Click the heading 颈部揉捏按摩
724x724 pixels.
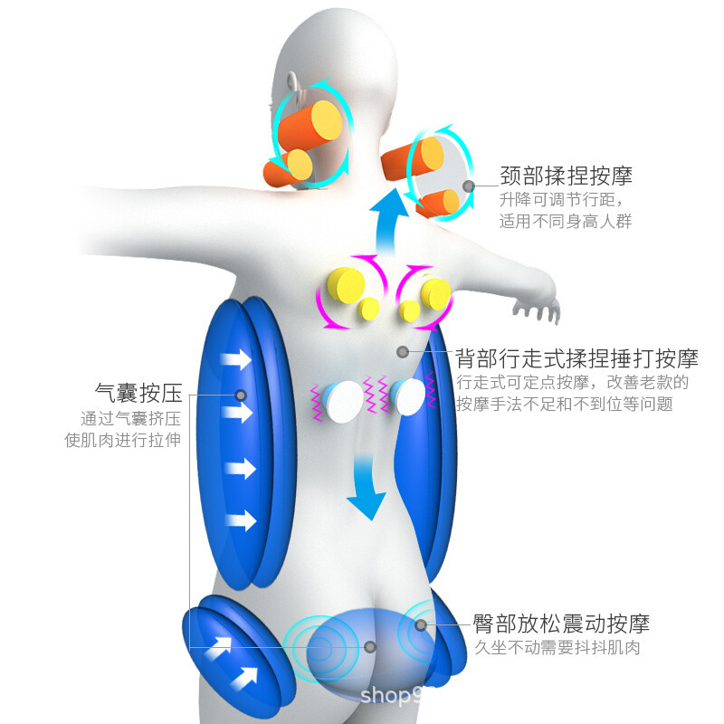click(566, 176)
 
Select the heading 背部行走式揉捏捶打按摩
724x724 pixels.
click(576, 357)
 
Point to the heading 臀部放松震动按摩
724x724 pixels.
click(561, 624)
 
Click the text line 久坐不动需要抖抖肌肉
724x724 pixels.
click(557, 648)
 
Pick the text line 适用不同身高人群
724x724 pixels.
click(566, 220)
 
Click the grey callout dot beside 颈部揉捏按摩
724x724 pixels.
click(468, 186)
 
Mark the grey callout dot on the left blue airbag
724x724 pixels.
click(241, 395)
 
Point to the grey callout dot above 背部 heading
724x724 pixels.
click(403, 351)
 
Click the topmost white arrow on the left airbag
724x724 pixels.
click(237, 359)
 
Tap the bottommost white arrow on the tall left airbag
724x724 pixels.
click(240, 520)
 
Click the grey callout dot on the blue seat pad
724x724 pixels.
click(370, 646)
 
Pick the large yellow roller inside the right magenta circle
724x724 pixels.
click(435, 292)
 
